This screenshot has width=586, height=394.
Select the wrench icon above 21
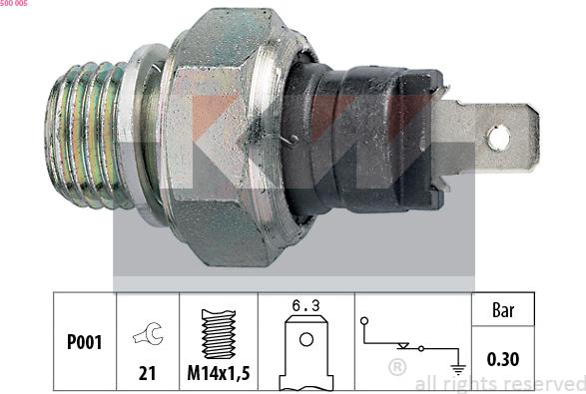[146, 334]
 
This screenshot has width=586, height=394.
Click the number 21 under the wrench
[146, 373]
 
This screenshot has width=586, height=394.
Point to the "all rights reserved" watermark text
[499, 383]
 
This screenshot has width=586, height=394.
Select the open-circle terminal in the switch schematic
[366, 321]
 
